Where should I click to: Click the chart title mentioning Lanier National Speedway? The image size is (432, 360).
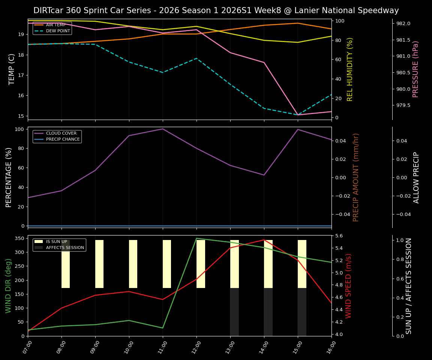[216, 10]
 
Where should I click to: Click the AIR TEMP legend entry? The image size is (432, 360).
[55, 25]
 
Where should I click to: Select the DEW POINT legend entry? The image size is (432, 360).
[58, 31]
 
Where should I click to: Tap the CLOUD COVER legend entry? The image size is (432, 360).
[61, 133]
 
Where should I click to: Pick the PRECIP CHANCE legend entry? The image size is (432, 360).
[63, 139]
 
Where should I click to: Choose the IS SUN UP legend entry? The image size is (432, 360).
[56, 242]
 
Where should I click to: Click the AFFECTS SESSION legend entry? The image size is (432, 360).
[65, 248]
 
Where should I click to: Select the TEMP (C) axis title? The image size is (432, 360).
[12, 69]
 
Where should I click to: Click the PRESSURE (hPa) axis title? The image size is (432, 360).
[415, 69]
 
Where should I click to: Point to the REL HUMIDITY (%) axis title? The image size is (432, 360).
[350, 69]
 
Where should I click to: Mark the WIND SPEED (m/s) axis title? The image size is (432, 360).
[349, 286]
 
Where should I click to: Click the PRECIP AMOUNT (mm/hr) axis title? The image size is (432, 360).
[356, 177]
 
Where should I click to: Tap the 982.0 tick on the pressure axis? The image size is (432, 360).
[403, 24]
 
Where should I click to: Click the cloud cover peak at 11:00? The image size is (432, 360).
[163, 129]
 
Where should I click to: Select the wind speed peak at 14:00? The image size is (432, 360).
[264, 240]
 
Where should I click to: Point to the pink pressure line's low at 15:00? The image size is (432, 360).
[298, 115]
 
